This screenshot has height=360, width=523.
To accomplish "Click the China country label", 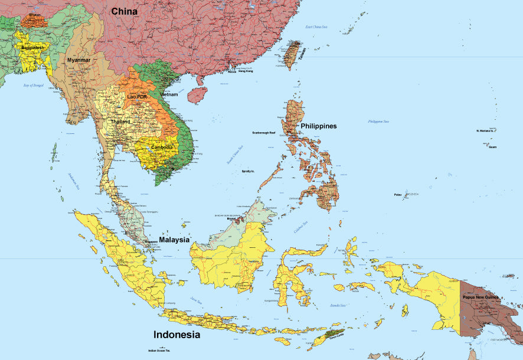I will click(x=124, y=11).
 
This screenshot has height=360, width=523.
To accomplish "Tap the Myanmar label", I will click(x=79, y=60).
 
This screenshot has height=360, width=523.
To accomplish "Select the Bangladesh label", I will click(x=32, y=48).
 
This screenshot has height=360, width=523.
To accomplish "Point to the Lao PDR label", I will click(x=137, y=96).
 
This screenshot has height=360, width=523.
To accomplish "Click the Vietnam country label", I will click(x=168, y=94).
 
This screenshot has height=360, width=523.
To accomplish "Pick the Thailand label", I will click(x=120, y=122).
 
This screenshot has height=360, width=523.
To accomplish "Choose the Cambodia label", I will click(x=162, y=147).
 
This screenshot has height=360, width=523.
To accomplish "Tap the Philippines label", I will click(x=318, y=126).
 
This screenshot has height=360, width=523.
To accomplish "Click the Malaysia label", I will click(x=174, y=240).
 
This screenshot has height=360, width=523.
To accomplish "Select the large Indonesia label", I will click(x=176, y=335).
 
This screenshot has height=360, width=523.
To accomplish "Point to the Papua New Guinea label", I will click(x=480, y=297).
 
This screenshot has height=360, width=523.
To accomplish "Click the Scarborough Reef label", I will click(x=263, y=133).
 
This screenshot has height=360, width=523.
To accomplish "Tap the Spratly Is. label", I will click(x=248, y=171).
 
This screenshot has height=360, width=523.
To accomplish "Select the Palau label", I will click(x=398, y=195).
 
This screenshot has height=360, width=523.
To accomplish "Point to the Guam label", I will click(x=492, y=146).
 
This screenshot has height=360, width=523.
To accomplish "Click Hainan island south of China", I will click(x=197, y=94).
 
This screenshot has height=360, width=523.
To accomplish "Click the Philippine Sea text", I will click(x=378, y=122).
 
